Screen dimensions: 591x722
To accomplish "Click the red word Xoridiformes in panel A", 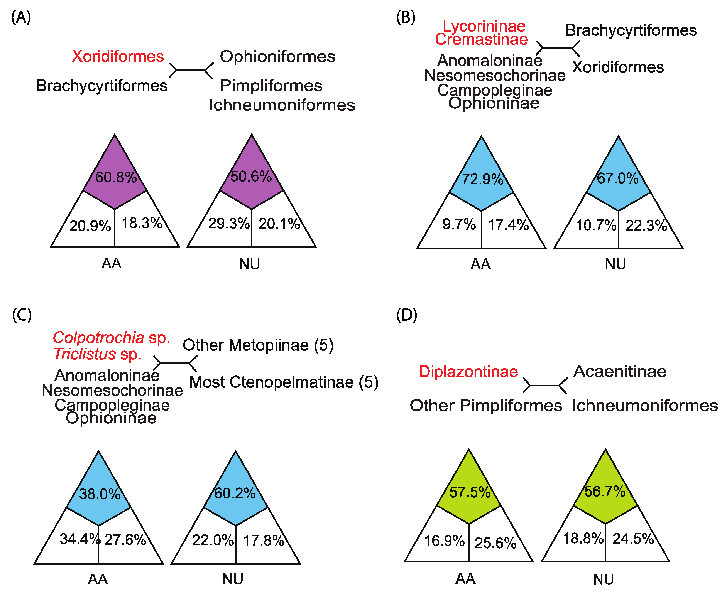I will [117, 56].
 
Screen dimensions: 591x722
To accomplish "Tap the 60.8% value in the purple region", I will [116, 177].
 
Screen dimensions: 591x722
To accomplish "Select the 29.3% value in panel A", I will [229, 223].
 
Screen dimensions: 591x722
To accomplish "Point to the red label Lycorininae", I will [484, 26].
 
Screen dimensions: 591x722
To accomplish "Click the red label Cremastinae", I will [481, 39].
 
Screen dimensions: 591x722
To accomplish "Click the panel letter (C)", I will [22, 315].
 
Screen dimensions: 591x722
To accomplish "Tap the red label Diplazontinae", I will [468, 371].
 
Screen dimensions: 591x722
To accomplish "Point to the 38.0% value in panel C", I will [100, 494].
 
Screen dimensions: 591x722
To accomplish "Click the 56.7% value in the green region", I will [605, 491].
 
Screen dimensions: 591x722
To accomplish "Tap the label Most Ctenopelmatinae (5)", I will [284, 382].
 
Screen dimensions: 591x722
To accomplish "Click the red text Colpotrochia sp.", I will [111, 338].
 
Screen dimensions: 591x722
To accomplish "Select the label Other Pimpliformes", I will [486, 406].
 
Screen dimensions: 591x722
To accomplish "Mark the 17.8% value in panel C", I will [264, 541].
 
